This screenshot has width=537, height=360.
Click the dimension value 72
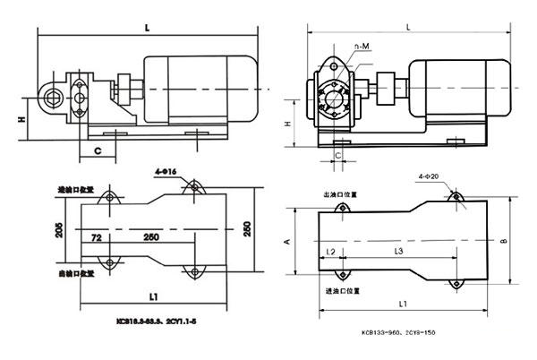(x=95, y=236)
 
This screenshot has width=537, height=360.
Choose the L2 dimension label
(x=332, y=253)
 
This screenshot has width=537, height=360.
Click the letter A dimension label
(x=285, y=241)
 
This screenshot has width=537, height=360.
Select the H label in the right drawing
(x=287, y=124)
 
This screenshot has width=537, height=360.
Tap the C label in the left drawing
(x=96, y=150)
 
